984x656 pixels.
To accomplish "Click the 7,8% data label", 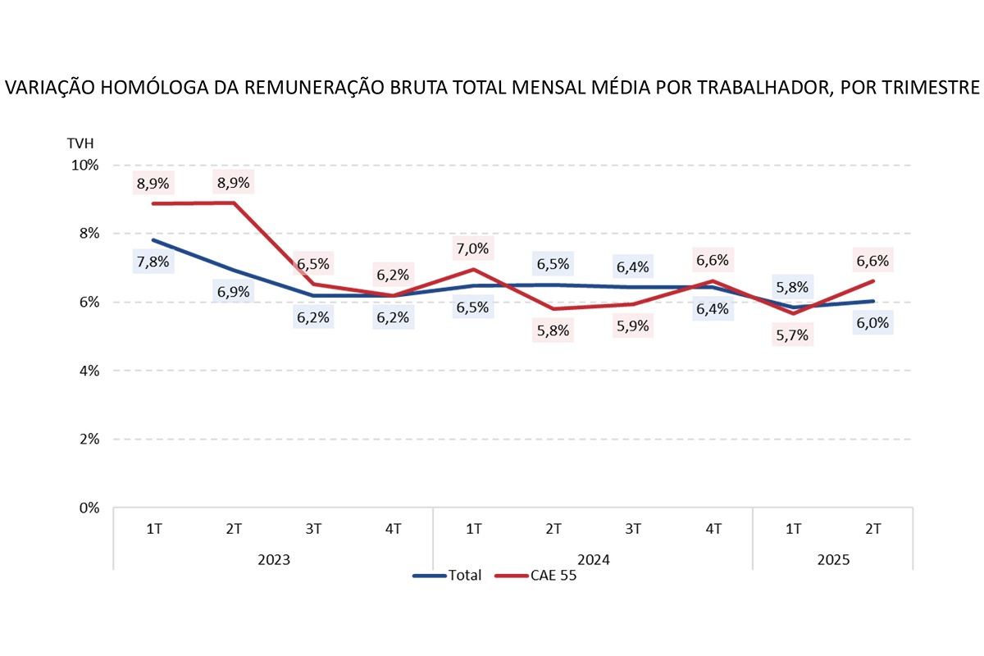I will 153,262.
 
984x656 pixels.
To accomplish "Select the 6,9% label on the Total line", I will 234,292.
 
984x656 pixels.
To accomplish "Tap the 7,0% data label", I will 473,248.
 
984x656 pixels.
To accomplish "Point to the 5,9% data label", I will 633,326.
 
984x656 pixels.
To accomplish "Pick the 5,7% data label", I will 792,335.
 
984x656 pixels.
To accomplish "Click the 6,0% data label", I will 872,323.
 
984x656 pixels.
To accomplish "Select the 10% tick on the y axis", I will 84,165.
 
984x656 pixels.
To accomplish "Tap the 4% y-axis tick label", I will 88,371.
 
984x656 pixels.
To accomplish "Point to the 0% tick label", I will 88,508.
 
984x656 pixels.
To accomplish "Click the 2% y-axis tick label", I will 88,439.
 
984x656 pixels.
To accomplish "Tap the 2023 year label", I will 273,560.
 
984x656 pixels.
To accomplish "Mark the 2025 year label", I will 833,560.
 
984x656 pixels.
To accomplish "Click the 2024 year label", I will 593,560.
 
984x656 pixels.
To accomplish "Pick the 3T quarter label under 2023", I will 313,529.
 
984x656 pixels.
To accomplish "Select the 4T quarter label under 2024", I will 713,529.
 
